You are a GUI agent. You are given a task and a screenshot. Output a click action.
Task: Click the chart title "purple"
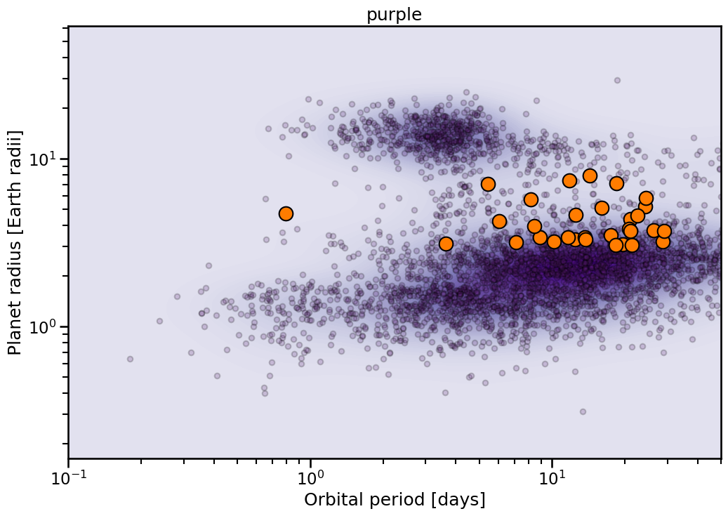[x=394, y=15]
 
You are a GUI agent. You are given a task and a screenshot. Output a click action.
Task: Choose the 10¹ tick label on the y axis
[x=44, y=159]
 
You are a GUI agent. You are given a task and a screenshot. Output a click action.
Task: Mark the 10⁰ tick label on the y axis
[x=44, y=327]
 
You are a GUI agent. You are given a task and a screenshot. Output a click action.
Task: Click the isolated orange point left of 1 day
[x=286, y=213]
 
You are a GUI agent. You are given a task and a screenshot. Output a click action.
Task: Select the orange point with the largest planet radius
[x=590, y=176]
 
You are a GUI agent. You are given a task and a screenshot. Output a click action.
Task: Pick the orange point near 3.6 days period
[x=446, y=244]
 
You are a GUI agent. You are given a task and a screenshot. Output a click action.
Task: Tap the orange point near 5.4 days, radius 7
[x=488, y=184]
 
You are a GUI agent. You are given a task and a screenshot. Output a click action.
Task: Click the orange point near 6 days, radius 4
[x=499, y=221]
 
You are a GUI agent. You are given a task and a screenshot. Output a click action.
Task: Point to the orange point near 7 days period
[x=516, y=242]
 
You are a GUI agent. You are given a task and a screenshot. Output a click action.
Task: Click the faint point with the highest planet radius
[x=617, y=80]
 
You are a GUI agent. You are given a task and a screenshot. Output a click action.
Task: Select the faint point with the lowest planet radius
[x=583, y=411]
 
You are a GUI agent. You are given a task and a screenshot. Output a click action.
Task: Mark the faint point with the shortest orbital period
[x=130, y=359]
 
